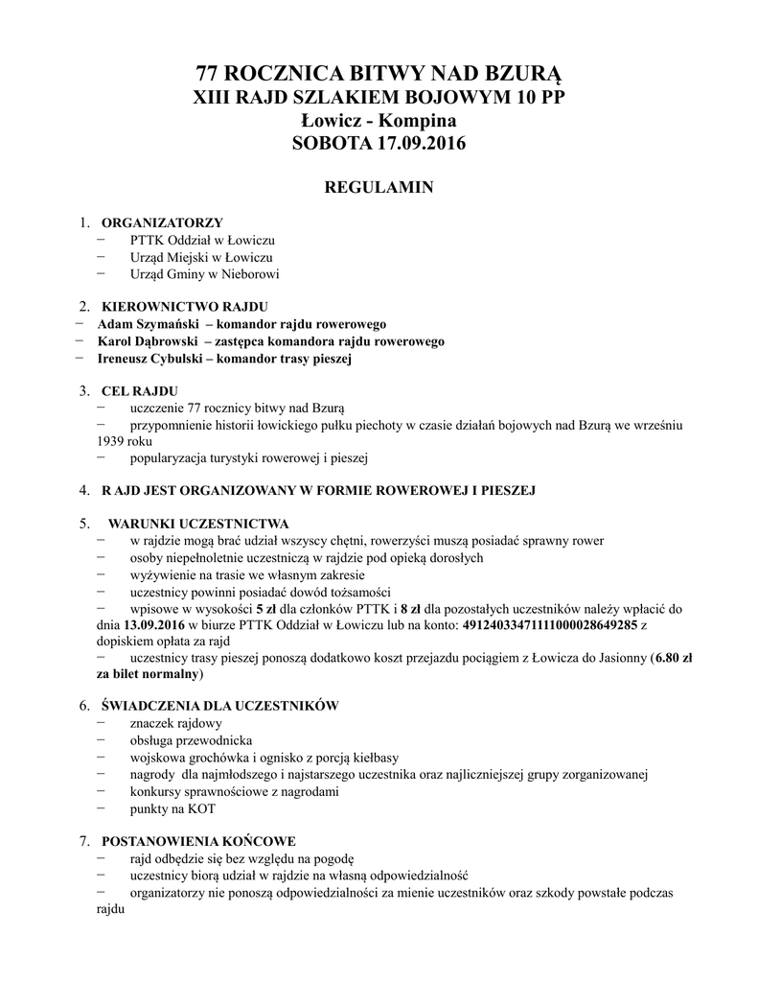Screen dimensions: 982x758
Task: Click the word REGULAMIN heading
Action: point(379,187)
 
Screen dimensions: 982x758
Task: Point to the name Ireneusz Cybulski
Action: point(149,359)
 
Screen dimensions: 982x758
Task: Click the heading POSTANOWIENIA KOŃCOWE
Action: point(199,840)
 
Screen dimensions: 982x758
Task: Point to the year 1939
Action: point(101,441)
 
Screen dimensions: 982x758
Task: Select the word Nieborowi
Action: point(248,274)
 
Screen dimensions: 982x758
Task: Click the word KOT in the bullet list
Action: point(202,808)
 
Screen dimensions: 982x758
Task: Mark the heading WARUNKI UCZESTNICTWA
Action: point(198,524)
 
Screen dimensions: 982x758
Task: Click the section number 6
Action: point(84,706)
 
